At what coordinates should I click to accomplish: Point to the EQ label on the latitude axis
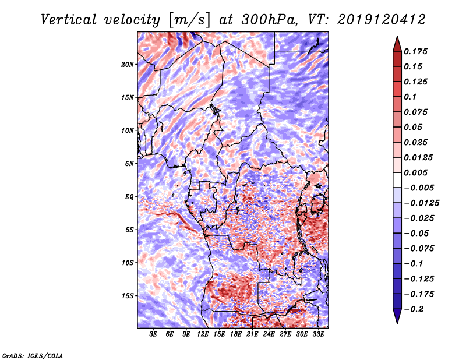pyautogui.click(x=129, y=197)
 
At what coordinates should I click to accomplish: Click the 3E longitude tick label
pyautogui.click(x=154, y=335)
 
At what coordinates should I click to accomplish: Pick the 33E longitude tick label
pyautogui.click(x=319, y=335)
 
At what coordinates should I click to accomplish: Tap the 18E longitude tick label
pyautogui.click(x=236, y=335)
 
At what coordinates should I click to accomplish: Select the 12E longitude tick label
pyautogui.click(x=203, y=335)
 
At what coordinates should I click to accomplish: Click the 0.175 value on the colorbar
pyautogui.click(x=417, y=51)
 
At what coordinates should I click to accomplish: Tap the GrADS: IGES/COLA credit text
pyautogui.click(x=32, y=355)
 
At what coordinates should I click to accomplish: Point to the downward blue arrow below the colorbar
pyautogui.click(x=397, y=316)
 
